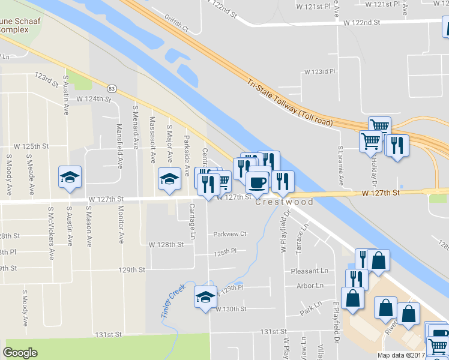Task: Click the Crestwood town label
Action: (285, 202)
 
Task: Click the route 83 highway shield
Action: (112, 89)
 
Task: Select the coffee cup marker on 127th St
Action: (257, 182)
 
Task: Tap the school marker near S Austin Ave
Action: (70, 178)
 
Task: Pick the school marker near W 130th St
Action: (205, 297)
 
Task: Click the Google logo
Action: (20, 353)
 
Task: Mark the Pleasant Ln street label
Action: (310, 271)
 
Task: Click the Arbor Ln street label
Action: (310, 286)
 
